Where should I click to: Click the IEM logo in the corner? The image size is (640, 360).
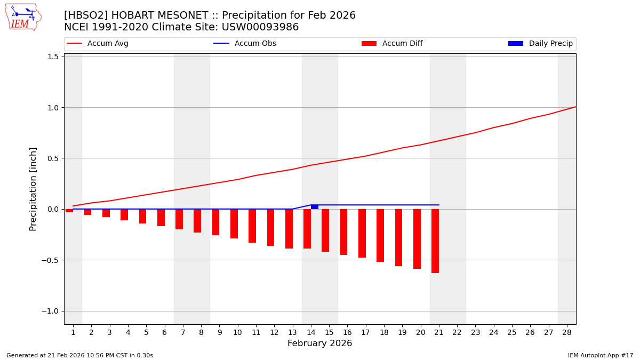click(x=23, y=17)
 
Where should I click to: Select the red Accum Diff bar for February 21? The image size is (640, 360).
click(x=435, y=241)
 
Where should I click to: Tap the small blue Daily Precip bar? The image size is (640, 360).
click(x=315, y=207)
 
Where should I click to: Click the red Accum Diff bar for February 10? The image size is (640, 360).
click(x=234, y=223)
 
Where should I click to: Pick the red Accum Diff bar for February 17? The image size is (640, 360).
click(x=362, y=233)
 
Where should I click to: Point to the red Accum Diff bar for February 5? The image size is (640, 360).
click(x=142, y=216)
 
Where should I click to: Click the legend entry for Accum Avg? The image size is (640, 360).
click(x=98, y=44)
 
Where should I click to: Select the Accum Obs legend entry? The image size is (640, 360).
click(x=245, y=44)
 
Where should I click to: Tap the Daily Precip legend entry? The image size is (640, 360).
click(x=540, y=44)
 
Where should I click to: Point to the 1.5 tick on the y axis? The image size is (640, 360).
click(x=53, y=57)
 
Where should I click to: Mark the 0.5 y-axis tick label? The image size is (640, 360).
click(x=53, y=158)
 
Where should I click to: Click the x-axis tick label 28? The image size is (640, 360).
click(x=567, y=332)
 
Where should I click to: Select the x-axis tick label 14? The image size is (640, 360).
click(x=311, y=332)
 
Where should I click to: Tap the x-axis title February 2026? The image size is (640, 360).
click(x=319, y=343)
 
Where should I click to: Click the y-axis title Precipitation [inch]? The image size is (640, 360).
click(x=33, y=189)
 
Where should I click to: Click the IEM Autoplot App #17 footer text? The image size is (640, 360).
click(x=601, y=355)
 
